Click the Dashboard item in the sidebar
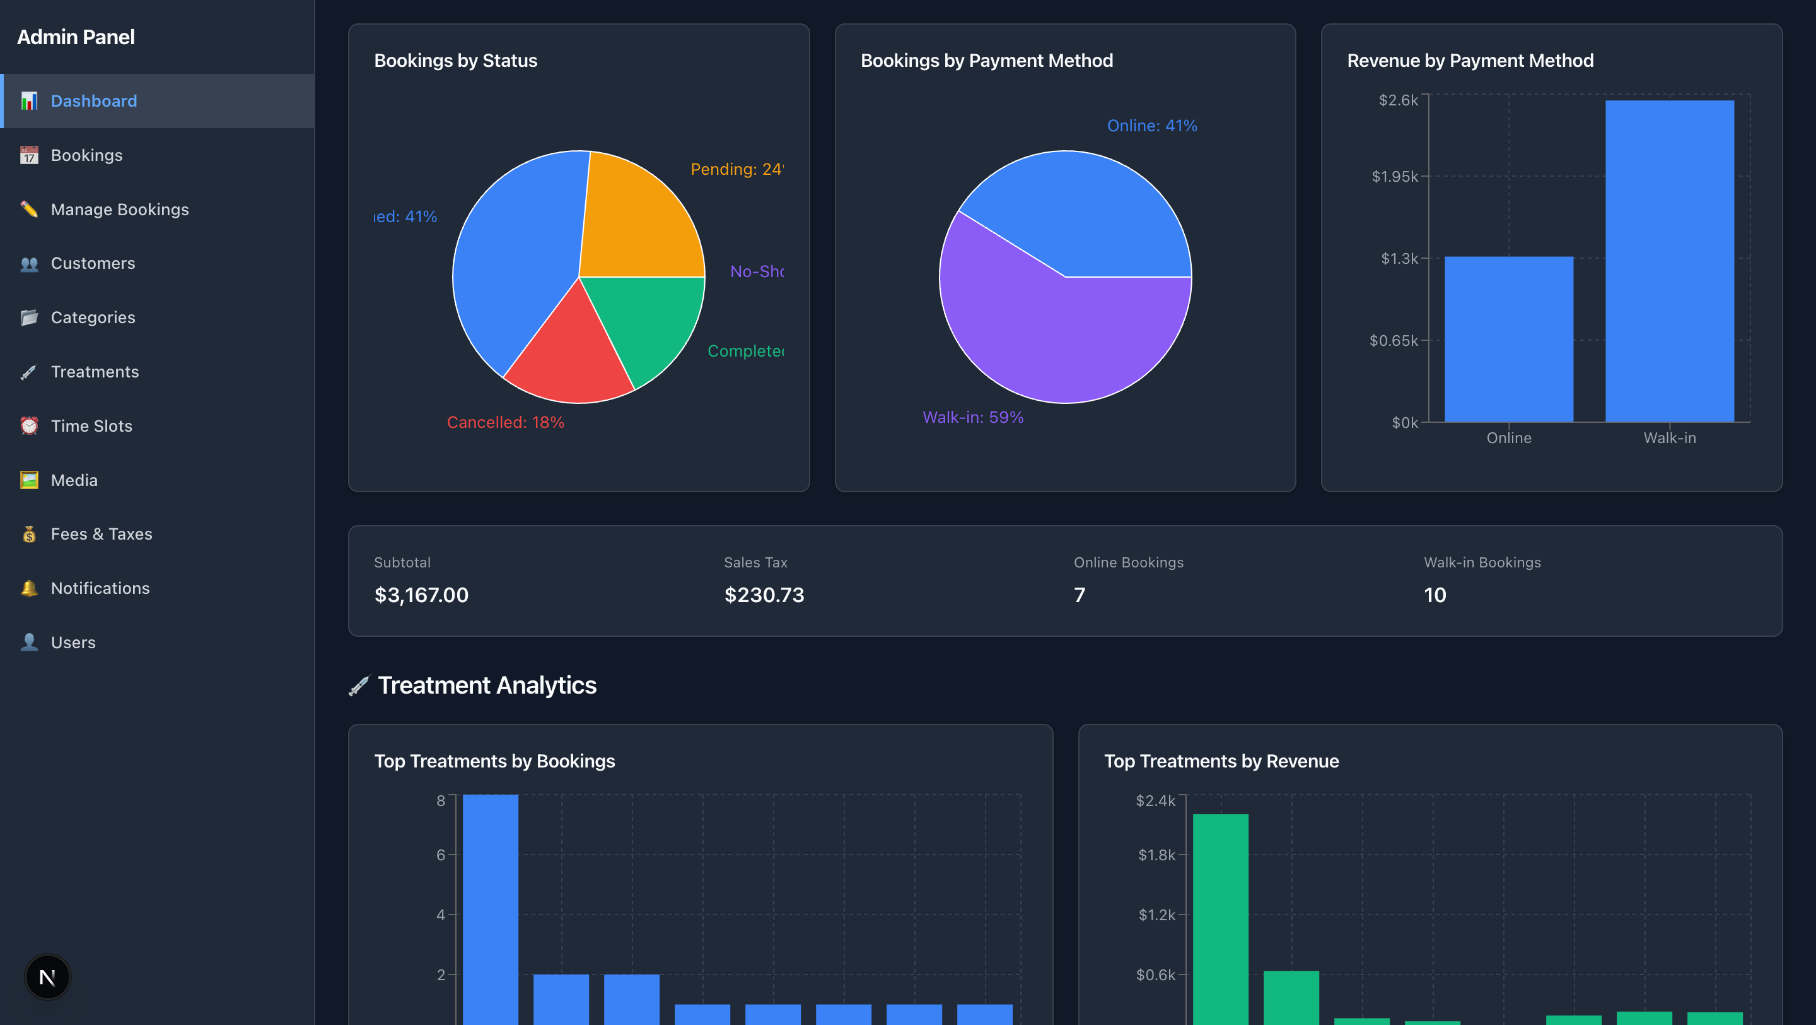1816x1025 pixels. [x=94, y=101]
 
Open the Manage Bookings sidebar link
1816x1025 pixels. [x=119, y=210]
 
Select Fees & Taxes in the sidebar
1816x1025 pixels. [x=101, y=534]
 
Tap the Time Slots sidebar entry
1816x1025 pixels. [x=91, y=426]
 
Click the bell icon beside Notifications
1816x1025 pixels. [x=29, y=588]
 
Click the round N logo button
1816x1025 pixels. [x=47, y=977]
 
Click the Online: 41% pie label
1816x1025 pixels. [x=1151, y=126]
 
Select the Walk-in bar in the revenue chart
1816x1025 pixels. [x=1669, y=261]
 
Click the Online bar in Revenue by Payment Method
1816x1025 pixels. [x=1509, y=338]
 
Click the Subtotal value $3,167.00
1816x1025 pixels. [x=421, y=595]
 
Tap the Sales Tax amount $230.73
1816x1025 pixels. [x=764, y=595]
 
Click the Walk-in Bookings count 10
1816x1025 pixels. [x=1435, y=595]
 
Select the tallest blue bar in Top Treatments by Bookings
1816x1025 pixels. [x=490, y=910]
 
